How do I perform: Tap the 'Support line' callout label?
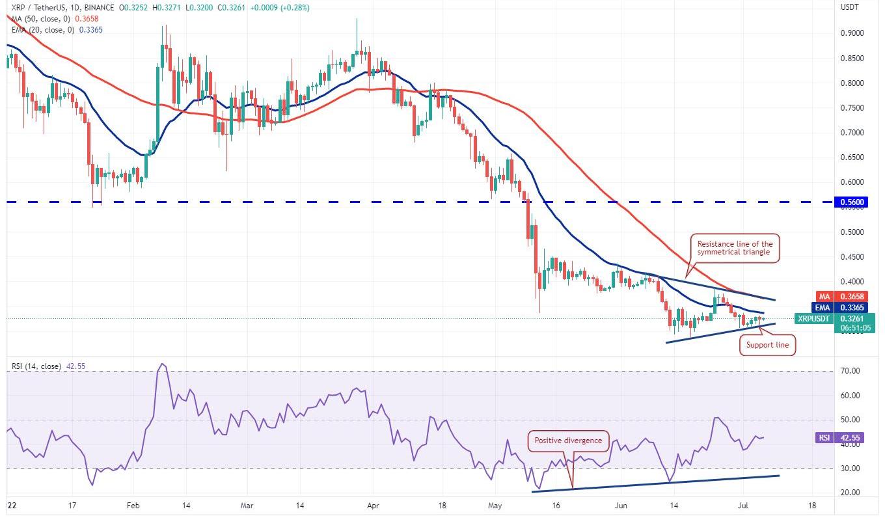(768, 344)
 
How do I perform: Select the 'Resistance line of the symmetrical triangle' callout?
(735, 248)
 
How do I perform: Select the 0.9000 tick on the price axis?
(851, 33)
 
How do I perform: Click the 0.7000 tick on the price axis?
(851, 133)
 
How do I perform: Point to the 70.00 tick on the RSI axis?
(849, 371)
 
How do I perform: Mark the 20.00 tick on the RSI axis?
(849, 493)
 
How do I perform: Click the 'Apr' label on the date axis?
(372, 505)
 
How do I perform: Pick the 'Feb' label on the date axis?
(133, 505)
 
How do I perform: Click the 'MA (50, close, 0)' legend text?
(36, 19)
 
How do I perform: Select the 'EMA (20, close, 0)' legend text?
(38, 29)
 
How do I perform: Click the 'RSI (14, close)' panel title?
(36, 366)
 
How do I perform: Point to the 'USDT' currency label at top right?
(850, 8)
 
